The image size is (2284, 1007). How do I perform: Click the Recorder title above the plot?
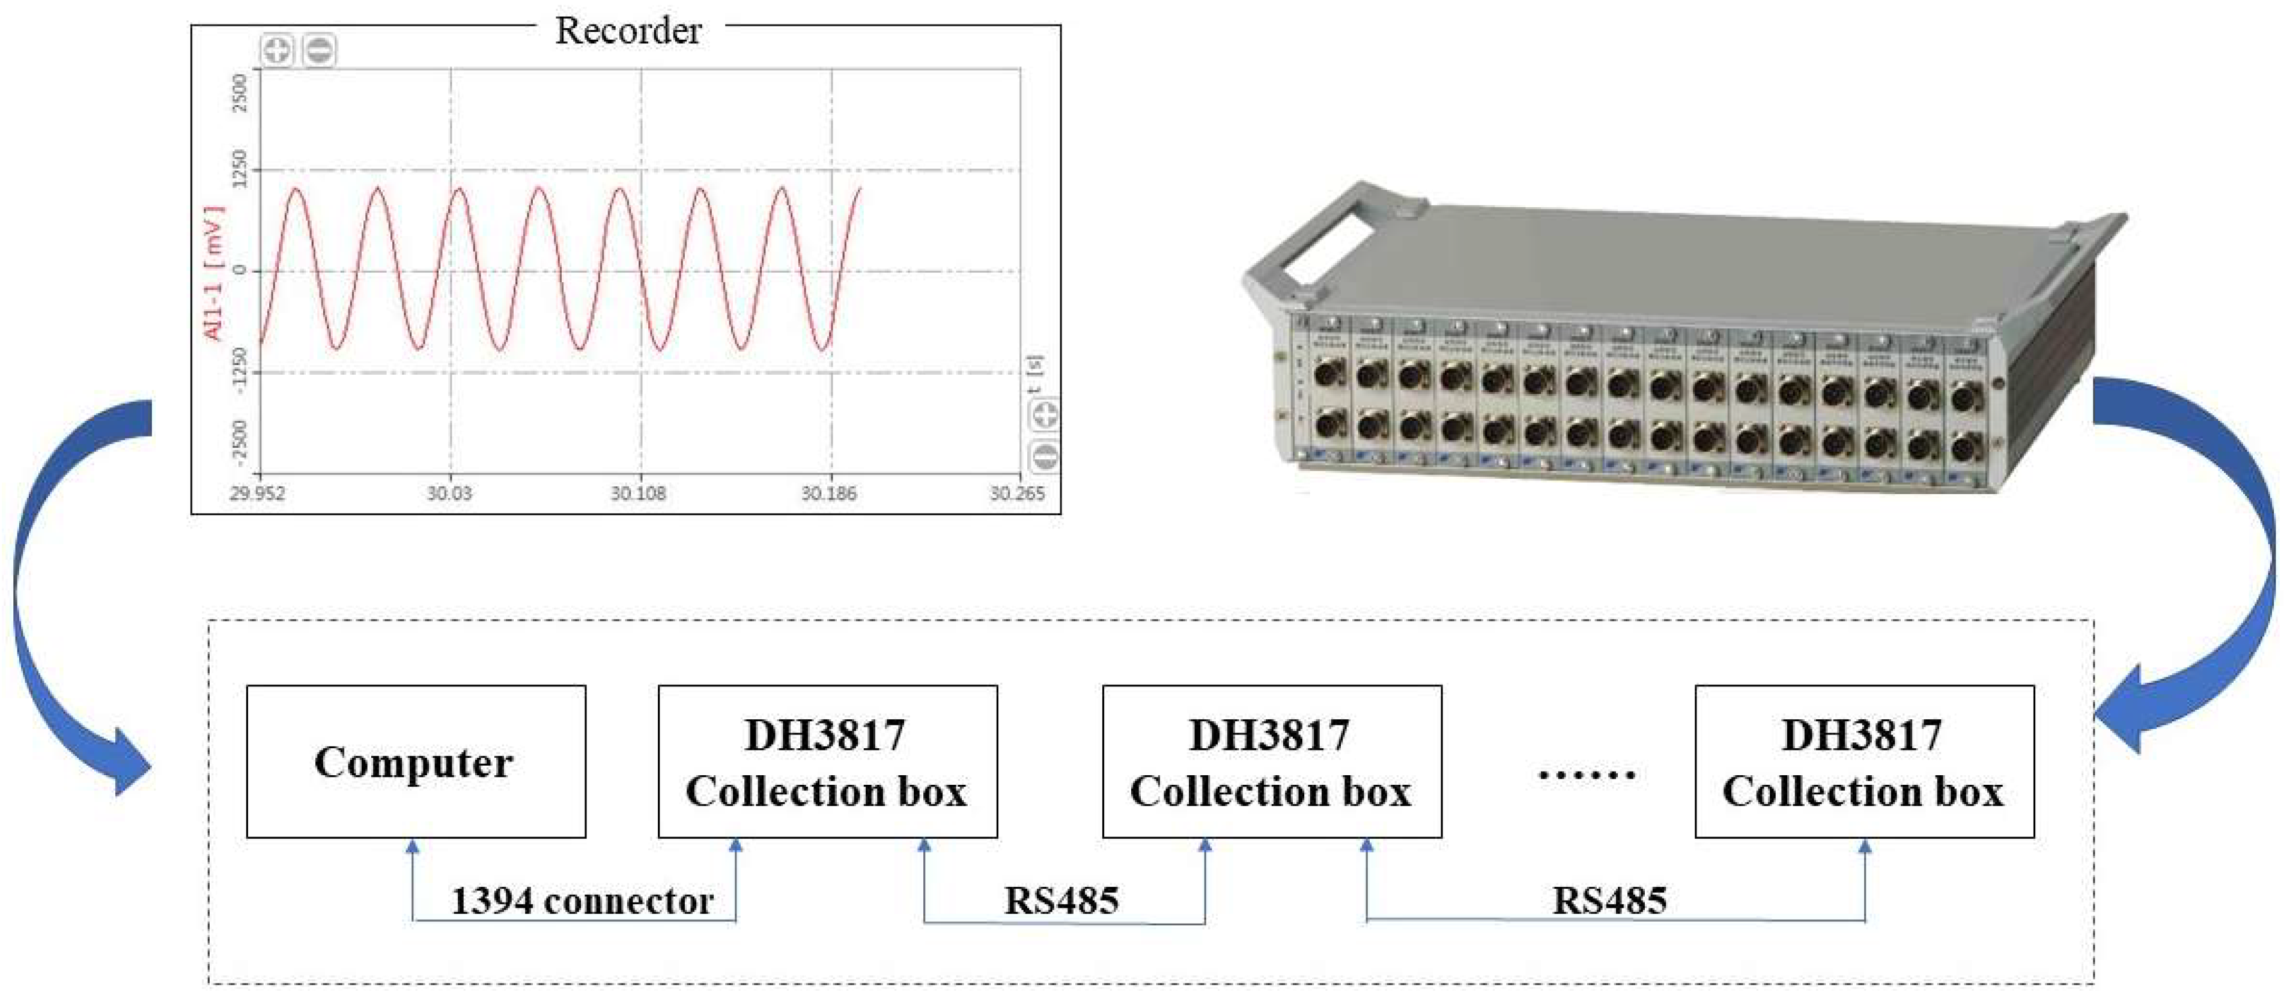click(628, 31)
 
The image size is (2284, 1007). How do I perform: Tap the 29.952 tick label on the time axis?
click(257, 493)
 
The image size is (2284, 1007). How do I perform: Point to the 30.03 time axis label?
click(449, 493)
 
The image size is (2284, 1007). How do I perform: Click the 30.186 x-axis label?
click(829, 493)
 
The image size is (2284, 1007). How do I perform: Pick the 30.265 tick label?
click(1017, 493)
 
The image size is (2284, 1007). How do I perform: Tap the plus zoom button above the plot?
click(276, 50)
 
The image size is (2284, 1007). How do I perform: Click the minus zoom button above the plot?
click(319, 50)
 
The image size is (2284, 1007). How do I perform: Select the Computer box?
click(415, 761)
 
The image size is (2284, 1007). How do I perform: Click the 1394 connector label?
click(582, 901)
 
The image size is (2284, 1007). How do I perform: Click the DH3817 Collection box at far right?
click(1863, 761)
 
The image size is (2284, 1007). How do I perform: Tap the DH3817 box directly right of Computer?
click(827, 761)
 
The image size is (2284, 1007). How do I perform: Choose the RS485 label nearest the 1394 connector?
click(1062, 901)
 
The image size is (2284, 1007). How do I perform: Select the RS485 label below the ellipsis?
click(1609, 901)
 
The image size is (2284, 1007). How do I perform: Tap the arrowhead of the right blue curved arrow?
click(2124, 709)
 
